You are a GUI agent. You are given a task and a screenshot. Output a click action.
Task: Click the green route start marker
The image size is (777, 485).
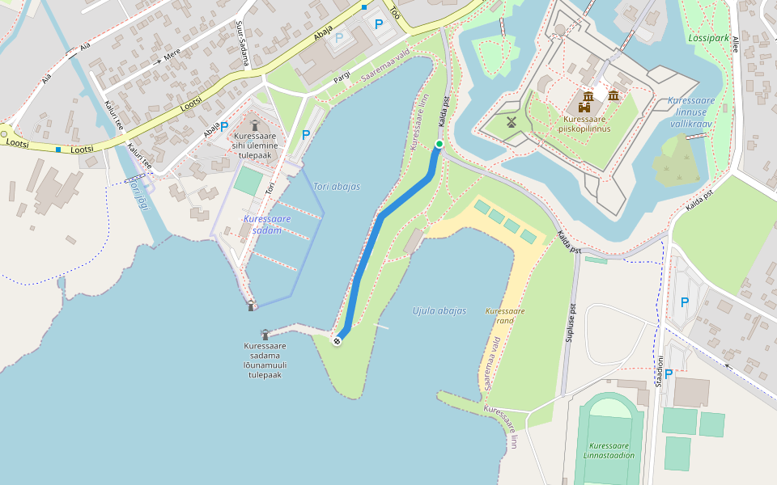[439, 144]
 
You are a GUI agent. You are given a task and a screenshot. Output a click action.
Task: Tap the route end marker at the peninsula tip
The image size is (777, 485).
[337, 341]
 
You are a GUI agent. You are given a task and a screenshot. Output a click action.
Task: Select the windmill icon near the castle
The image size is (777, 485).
[511, 122]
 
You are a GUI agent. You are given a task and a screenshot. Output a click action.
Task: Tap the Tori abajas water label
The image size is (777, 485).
[336, 187]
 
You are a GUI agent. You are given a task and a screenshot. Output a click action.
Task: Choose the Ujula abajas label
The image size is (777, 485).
[439, 311]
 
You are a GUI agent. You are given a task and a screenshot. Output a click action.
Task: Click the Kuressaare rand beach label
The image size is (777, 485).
[505, 315]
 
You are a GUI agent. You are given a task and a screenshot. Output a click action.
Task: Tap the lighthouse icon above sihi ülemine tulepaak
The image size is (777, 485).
[254, 125]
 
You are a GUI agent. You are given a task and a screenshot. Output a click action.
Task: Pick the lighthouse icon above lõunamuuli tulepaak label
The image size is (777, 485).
[265, 334]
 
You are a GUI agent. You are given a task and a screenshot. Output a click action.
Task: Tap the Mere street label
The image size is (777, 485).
[172, 55]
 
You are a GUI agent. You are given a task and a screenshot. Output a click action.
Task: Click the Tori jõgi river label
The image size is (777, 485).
[139, 192]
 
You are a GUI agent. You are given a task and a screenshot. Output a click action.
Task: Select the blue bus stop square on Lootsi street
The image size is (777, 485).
[58, 149]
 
